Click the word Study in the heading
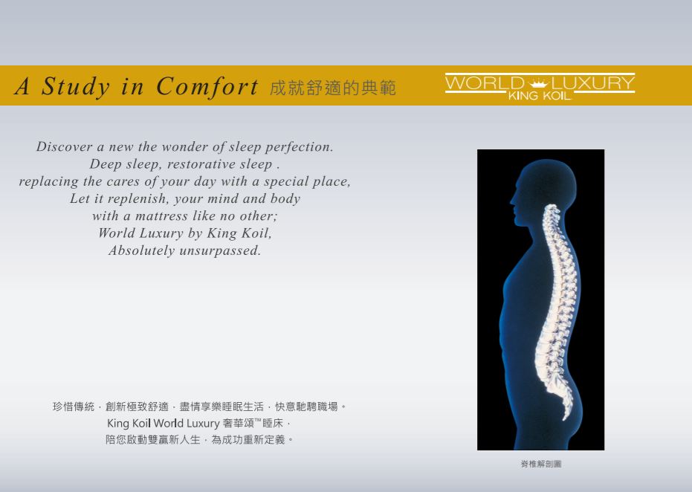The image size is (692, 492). pyautogui.click(x=76, y=86)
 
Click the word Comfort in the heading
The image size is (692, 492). pyautogui.click(x=207, y=86)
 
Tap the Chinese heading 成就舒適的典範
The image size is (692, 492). pyautogui.click(x=333, y=88)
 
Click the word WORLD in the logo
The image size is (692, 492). pyautogui.click(x=485, y=82)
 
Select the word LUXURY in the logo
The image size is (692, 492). pyautogui.click(x=592, y=82)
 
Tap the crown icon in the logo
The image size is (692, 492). pyautogui.click(x=538, y=83)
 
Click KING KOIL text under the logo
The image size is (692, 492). pyautogui.click(x=540, y=96)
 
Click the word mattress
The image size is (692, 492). pyautogui.click(x=161, y=216)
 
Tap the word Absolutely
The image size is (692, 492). pyautogui.click(x=142, y=250)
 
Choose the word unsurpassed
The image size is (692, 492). pyautogui.click(x=220, y=251)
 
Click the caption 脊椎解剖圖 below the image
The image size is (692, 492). pyautogui.click(x=541, y=464)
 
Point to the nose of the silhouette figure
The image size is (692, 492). pyautogui.click(x=512, y=201)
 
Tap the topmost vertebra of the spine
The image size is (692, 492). pyautogui.click(x=552, y=207)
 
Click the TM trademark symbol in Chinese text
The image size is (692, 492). pyautogui.click(x=258, y=420)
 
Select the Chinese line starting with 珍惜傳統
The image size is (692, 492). pyautogui.click(x=199, y=407)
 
